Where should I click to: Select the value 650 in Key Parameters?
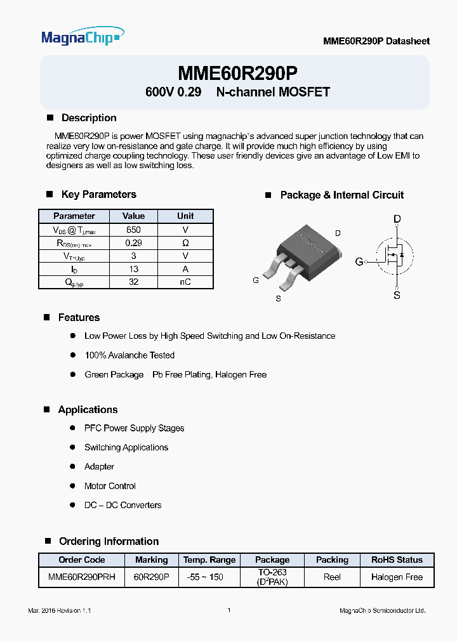pos(133,230)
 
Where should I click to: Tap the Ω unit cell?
pos(185,243)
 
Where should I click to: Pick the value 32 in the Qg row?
pos(133,282)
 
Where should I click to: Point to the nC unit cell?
pos(185,282)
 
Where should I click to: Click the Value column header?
pos(133,216)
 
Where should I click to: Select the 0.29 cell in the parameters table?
pos(133,243)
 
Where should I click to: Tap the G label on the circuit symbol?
pos(359,261)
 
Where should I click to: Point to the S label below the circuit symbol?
pos(397,295)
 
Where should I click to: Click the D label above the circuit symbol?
pos(397,219)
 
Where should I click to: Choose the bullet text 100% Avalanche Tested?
pos(129,355)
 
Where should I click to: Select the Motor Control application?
pos(110,486)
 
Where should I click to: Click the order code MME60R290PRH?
pos(81,577)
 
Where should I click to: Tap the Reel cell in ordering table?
pos(332,577)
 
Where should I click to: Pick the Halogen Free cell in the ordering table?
pos(397,577)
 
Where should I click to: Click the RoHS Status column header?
pos(397,560)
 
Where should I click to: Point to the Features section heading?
pos(79,317)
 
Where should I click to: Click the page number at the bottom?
pos(228,610)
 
